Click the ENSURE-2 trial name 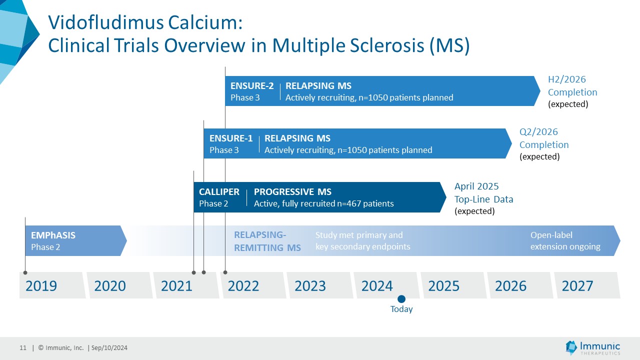point(252,85)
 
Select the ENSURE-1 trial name point(231,138)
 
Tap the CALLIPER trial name point(219,192)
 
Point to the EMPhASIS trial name point(53,235)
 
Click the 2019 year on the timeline point(41,286)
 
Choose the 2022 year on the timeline point(243,286)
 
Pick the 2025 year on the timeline point(444,286)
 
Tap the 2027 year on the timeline point(577,286)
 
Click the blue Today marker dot point(401,299)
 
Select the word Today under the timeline point(401,309)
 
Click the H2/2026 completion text point(566,79)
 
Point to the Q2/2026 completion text point(538,132)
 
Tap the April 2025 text point(476,186)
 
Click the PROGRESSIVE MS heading point(292,192)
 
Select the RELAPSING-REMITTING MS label point(267,241)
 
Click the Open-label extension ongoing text point(565,241)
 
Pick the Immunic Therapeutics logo point(593,347)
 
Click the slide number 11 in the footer point(23,348)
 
